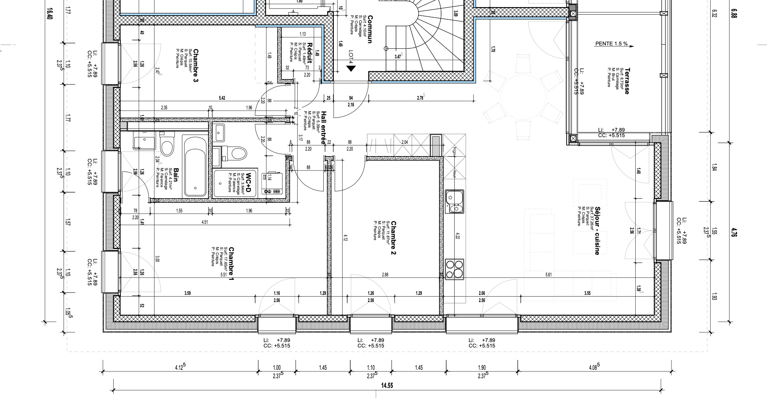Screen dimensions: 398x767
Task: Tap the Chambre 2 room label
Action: pos(394,238)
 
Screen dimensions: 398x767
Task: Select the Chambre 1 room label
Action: pos(231,264)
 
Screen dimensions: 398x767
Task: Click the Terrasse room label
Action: pos(627,81)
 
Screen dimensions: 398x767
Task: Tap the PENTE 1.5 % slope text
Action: pos(611,44)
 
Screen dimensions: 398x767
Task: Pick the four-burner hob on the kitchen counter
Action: pos(455,269)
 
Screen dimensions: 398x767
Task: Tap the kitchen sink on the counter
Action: pos(455,201)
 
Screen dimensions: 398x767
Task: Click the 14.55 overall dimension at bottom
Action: pos(388,385)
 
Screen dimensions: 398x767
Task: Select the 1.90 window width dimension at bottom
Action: pos(482,367)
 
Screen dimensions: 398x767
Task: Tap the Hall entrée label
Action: pos(323,128)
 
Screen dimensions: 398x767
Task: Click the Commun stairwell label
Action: pos(370,29)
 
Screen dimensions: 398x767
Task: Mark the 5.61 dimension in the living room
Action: pos(549,275)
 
